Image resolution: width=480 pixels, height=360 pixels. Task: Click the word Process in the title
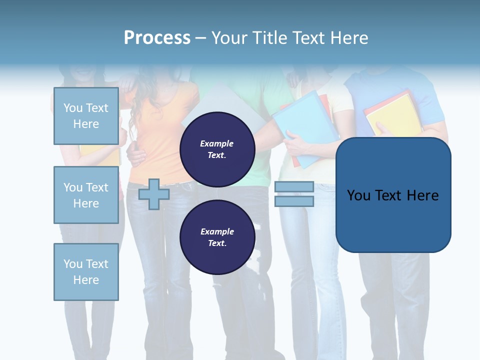pos(157,38)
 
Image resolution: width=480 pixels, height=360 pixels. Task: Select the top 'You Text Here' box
pos(86,116)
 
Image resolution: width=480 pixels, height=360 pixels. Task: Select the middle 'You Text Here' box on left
pos(86,195)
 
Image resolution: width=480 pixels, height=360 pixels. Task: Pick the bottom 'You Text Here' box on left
pos(86,272)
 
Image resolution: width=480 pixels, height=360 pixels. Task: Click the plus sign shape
pos(154,194)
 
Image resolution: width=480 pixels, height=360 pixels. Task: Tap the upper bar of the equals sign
pos(294,186)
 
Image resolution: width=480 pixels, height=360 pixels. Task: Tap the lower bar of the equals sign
pos(294,201)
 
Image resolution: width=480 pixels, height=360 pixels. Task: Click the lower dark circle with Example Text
pos(217,237)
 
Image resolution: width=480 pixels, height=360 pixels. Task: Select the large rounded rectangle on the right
pos(393,195)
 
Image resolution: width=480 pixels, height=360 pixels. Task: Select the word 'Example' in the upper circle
pos(217,143)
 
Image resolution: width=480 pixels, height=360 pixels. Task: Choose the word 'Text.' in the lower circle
pos(217,243)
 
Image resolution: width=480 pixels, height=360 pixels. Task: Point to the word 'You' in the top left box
pos(73,108)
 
